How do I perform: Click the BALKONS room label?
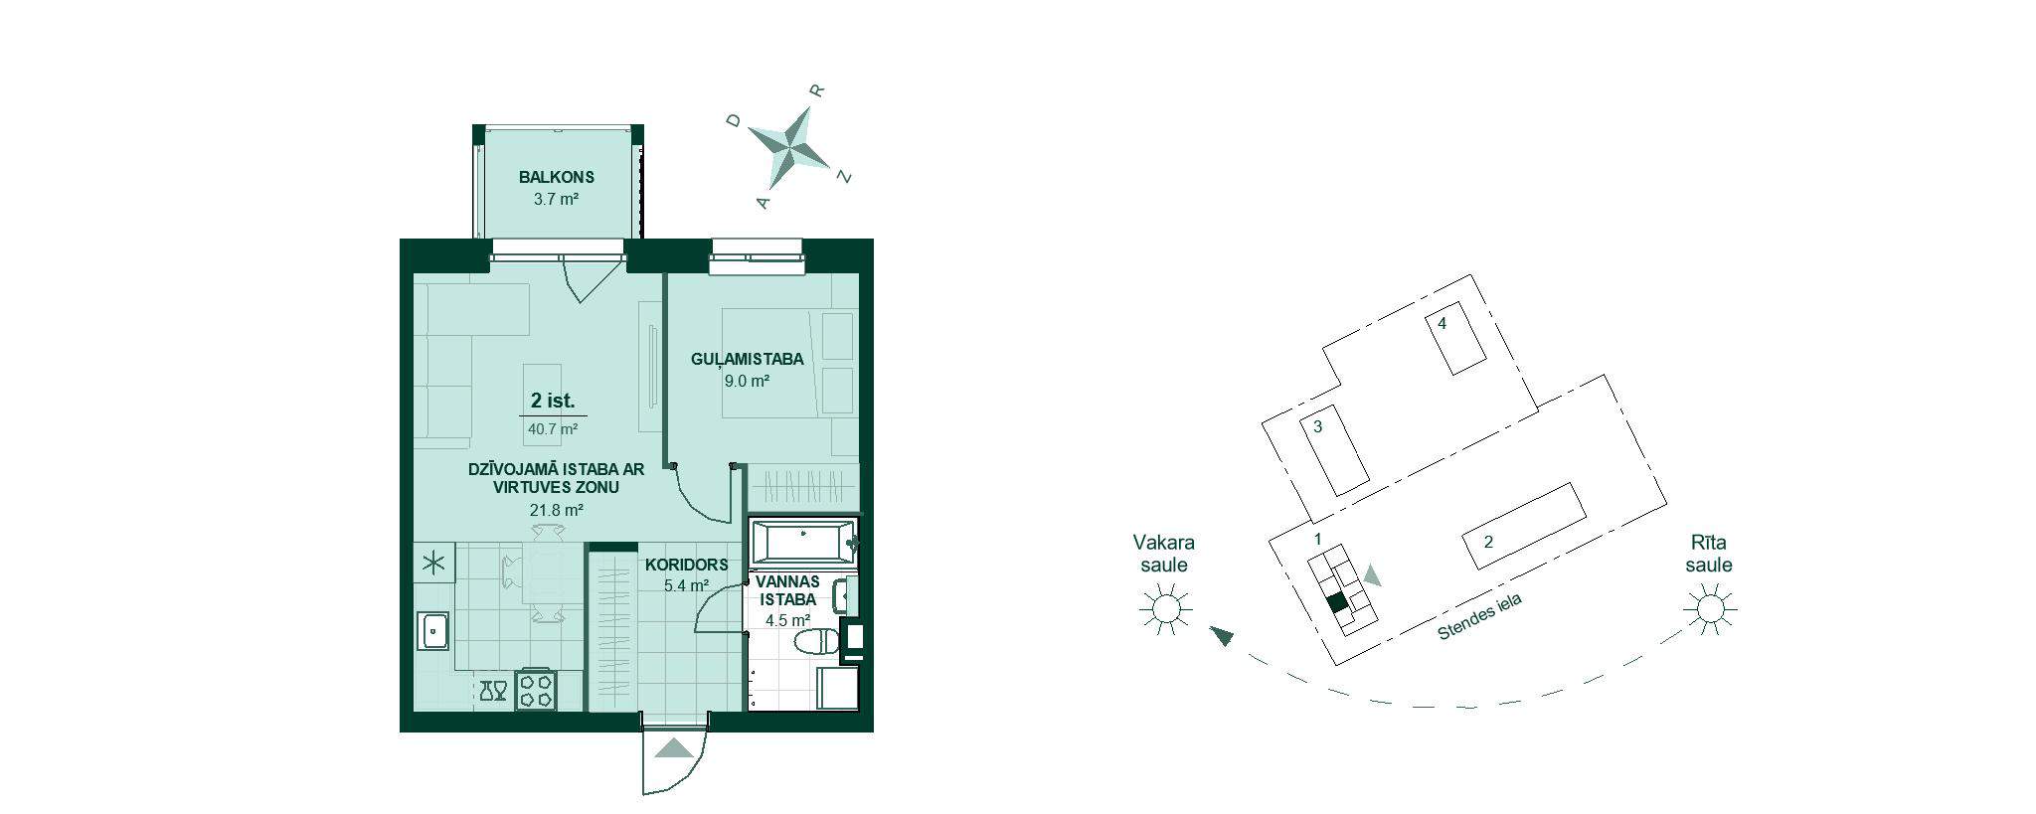click(556, 178)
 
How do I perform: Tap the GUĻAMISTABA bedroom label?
click(748, 360)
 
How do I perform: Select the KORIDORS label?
click(686, 565)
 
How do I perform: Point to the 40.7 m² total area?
click(554, 429)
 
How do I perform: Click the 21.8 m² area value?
click(556, 510)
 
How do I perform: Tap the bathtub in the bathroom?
click(801, 542)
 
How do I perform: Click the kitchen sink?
click(433, 630)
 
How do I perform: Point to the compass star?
click(789, 145)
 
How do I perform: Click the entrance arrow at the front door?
click(674, 749)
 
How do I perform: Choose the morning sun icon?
click(1710, 607)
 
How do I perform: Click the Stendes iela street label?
click(1479, 618)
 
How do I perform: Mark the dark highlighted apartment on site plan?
click(1337, 601)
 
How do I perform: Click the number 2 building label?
click(1488, 543)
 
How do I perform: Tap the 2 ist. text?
click(553, 401)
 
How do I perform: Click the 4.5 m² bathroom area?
click(788, 621)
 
